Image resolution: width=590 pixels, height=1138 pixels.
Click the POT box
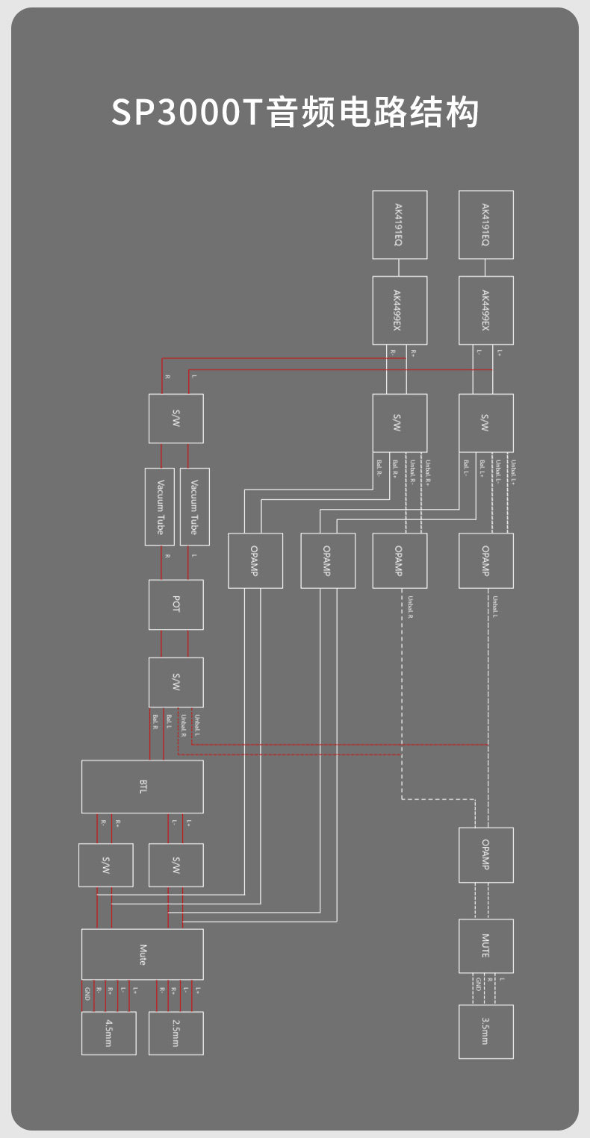176,604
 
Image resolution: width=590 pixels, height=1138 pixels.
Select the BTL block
142,787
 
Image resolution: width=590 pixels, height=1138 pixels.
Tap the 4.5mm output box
109,1033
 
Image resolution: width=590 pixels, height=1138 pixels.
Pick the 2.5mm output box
176,1033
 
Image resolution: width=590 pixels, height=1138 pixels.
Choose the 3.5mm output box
486,1031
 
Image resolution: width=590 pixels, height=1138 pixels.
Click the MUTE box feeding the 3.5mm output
486,946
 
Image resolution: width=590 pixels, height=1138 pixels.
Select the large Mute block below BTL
142,954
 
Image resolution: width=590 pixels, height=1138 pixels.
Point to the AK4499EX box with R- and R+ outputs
400,310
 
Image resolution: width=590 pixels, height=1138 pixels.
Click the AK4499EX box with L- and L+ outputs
486,310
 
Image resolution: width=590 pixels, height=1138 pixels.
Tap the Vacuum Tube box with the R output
160,506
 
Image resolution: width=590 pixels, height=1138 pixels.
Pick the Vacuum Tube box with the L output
195,506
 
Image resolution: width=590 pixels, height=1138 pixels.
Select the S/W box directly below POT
176,682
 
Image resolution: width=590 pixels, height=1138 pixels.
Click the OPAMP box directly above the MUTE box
486,854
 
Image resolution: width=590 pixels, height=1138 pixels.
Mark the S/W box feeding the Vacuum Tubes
176,419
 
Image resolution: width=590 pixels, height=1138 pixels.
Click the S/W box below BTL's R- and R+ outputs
106,865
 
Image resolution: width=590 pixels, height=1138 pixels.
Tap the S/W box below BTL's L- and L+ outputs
176,865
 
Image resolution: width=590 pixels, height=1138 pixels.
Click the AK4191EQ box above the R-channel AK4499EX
400,225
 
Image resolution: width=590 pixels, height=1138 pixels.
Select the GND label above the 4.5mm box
87,994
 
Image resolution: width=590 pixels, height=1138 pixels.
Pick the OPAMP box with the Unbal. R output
400,560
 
